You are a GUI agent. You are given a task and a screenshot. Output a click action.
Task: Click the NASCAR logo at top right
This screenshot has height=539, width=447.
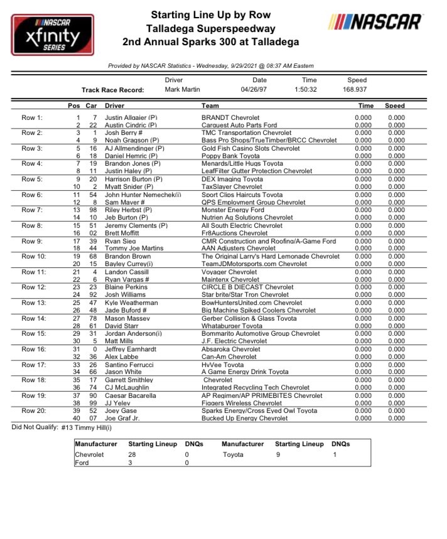point(375,22)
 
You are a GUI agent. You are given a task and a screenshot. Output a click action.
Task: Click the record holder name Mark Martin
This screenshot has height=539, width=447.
point(183,90)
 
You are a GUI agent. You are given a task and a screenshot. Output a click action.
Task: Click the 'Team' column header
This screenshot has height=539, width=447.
point(210,106)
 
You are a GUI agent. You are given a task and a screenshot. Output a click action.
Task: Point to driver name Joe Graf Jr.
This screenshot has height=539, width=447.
point(124,418)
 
